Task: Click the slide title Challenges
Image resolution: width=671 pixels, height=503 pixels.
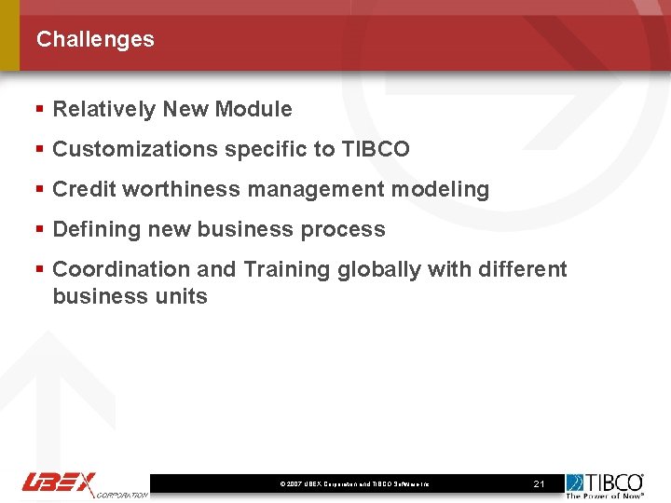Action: (95, 39)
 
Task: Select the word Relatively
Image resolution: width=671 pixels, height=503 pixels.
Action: (104, 109)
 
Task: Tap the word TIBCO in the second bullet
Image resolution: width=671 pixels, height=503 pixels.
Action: (376, 149)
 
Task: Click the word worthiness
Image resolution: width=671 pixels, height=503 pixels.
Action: (185, 189)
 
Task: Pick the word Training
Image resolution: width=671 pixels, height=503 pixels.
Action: (287, 269)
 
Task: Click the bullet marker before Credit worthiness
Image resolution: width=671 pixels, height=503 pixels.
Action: (39, 189)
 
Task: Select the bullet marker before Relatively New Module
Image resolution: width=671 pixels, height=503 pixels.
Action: (39, 109)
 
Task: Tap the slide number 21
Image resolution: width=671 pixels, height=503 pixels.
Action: (539, 484)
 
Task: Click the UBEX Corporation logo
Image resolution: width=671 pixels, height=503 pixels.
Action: (84, 484)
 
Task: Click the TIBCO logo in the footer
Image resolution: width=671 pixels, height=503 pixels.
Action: (606, 482)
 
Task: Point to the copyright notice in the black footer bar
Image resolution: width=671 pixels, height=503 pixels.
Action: (354, 484)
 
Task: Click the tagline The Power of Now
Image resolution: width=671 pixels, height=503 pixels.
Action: (606, 496)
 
